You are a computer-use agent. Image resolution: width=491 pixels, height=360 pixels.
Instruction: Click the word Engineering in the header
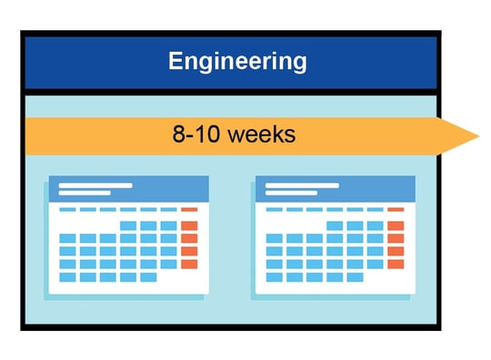pyautogui.click(x=237, y=62)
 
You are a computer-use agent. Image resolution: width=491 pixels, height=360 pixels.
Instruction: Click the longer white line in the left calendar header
pyautogui.click(x=96, y=185)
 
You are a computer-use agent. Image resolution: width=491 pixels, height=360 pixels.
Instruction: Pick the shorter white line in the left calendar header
pyautogui.click(x=85, y=193)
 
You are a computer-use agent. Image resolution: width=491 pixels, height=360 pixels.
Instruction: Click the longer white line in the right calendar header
pyautogui.click(x=302, y=185)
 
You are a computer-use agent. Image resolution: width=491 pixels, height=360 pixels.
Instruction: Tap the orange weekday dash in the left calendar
pyautogui.click(x=189, y=209)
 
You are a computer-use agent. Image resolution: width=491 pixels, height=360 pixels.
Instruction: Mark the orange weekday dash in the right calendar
pyautogui.click(x=396, y=209)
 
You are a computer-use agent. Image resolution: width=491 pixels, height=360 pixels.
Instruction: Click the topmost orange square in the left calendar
pyautogui.click(x=189, y=225)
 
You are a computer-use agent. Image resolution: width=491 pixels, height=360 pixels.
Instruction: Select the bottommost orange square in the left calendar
pyautogui.click(x=189, y=264)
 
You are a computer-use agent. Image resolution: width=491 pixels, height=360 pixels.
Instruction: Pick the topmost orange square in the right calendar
pyautogui.click(x=396, y=225)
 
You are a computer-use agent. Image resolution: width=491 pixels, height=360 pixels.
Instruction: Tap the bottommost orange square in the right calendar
pyautogui.click(x=396, y=264)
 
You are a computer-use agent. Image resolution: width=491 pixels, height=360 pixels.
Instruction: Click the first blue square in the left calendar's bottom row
pyautogui.click(x=67, y=276)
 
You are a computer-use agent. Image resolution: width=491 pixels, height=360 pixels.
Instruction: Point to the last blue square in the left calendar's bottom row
pyautogui.click(x=148, y=276)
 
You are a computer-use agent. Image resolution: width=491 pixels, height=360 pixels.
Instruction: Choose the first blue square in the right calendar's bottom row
pyautogui.click(x=274, y=276)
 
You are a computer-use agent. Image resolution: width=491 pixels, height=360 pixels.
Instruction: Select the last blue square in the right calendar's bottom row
pyautogui.click(x=355, y=276)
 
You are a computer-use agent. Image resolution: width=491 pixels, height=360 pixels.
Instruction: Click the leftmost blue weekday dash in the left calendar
pyautogui.click(x=67, y=209)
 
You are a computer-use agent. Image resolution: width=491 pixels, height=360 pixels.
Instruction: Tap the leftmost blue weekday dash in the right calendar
pyautogui.click(x=274, y=209)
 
